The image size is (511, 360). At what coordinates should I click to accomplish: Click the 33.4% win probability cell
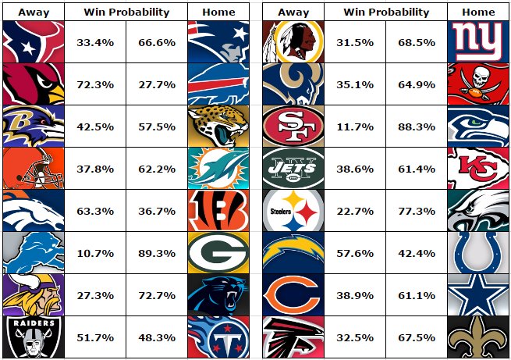coord(95,42)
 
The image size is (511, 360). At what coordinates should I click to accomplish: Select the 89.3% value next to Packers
coord(157,253)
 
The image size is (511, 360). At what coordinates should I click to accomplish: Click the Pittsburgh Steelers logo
coord(293,211)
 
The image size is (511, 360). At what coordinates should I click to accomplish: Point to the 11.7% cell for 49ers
coord(355,127)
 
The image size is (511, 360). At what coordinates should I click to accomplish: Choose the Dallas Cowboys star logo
coord(478,294)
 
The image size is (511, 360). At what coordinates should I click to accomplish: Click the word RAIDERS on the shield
coord(34,323)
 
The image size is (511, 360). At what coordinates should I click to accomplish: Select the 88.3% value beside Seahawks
coord(417,127)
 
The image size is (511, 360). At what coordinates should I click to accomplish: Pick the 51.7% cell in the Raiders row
coord(95,337)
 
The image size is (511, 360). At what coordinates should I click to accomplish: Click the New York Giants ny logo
coord(478,41)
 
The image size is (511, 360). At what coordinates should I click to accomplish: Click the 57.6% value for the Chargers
coord(355,253)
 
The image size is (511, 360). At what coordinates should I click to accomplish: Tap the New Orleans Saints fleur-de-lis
coord(478,337)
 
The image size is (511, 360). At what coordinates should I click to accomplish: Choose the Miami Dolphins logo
coord(218,168)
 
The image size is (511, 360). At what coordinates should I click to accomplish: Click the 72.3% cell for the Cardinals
coord(95,85)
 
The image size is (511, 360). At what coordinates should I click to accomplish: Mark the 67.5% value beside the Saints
coord(417,337)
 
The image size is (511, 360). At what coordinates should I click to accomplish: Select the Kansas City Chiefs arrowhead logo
coord(478,168)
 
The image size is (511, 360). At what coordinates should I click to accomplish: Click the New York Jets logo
coord(293,168)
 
